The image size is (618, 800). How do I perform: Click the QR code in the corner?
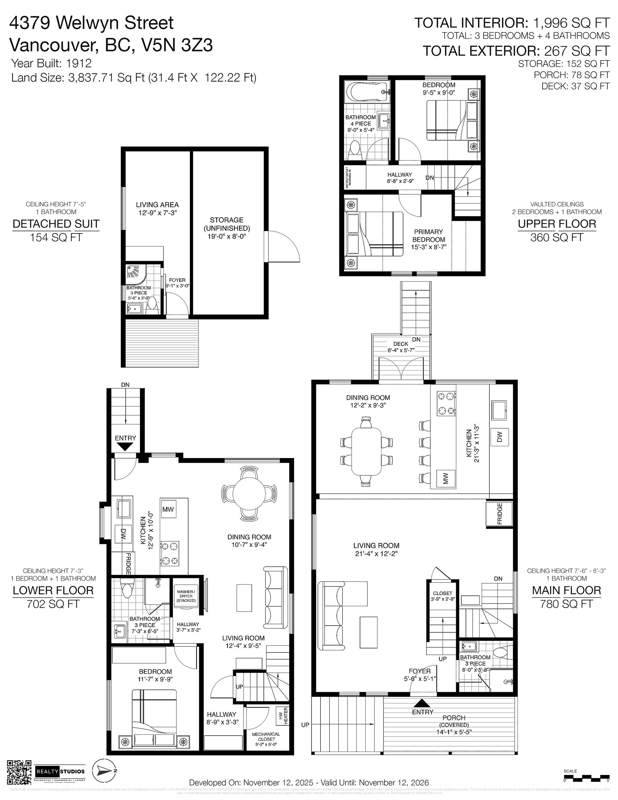tap(19, 772)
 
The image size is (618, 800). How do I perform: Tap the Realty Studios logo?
tap(60, 772)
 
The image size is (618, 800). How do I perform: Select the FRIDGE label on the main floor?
tap(500, 514)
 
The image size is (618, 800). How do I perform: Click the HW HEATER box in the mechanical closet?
tap(283, 715)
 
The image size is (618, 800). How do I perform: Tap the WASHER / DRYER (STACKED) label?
tap(186, 596)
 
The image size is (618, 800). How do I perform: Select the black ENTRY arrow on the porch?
tap(423, 703)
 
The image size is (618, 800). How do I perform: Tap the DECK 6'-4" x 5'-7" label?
tap(400, 347)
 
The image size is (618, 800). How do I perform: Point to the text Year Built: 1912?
tap(51, 64)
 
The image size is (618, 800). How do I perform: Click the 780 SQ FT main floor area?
tap(566, 604)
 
